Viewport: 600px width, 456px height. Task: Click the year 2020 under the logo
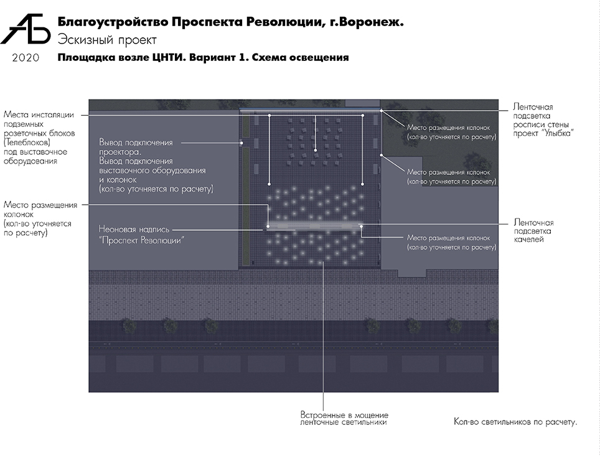[x=26, y=58]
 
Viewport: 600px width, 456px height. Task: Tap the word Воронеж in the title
[x=373, y=22]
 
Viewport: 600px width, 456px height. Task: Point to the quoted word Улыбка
[x=556, y=133]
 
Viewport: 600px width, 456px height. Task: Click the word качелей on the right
[x=530, y=240]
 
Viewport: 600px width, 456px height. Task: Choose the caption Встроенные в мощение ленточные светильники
[x=344, y=418]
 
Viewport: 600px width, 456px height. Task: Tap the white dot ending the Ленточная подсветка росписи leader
[x=382, y=111]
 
